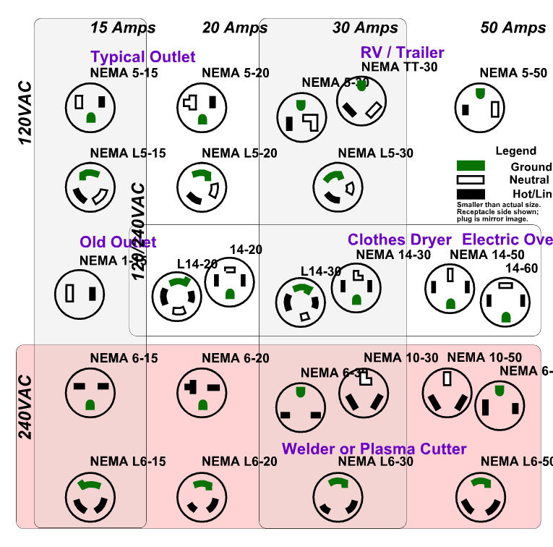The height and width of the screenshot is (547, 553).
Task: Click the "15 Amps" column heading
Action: [x=123, y=28]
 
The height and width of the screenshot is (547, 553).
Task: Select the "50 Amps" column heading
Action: [x=513, y=28]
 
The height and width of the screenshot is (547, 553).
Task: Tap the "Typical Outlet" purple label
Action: [x=143, y=56]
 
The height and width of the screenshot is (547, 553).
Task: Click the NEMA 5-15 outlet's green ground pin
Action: [x=90, y=116]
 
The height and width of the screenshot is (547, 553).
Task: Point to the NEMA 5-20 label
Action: [x=236, y=72]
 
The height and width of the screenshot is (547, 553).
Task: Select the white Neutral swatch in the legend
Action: [x=471, y=180]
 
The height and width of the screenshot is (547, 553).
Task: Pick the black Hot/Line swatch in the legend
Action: [x=471, y=194]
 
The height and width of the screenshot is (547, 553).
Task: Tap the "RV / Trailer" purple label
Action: [x=403, y=52]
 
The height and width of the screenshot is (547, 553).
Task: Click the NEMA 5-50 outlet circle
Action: [x=480, y=107]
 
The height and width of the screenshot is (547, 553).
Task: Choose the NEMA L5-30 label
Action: [x=376, y=153]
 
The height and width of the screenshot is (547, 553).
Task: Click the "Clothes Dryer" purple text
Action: [x=400, y=239]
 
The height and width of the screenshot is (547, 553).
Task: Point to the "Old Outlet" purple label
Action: [x=118, y=242]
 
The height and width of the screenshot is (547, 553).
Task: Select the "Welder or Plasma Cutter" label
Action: [x=374, y=449]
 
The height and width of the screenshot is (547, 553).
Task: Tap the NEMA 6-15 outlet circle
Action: [x=90, y=394]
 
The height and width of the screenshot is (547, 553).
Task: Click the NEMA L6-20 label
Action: [x=236, y=461]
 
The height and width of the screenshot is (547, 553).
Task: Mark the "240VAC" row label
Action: [x=25, y=407]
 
